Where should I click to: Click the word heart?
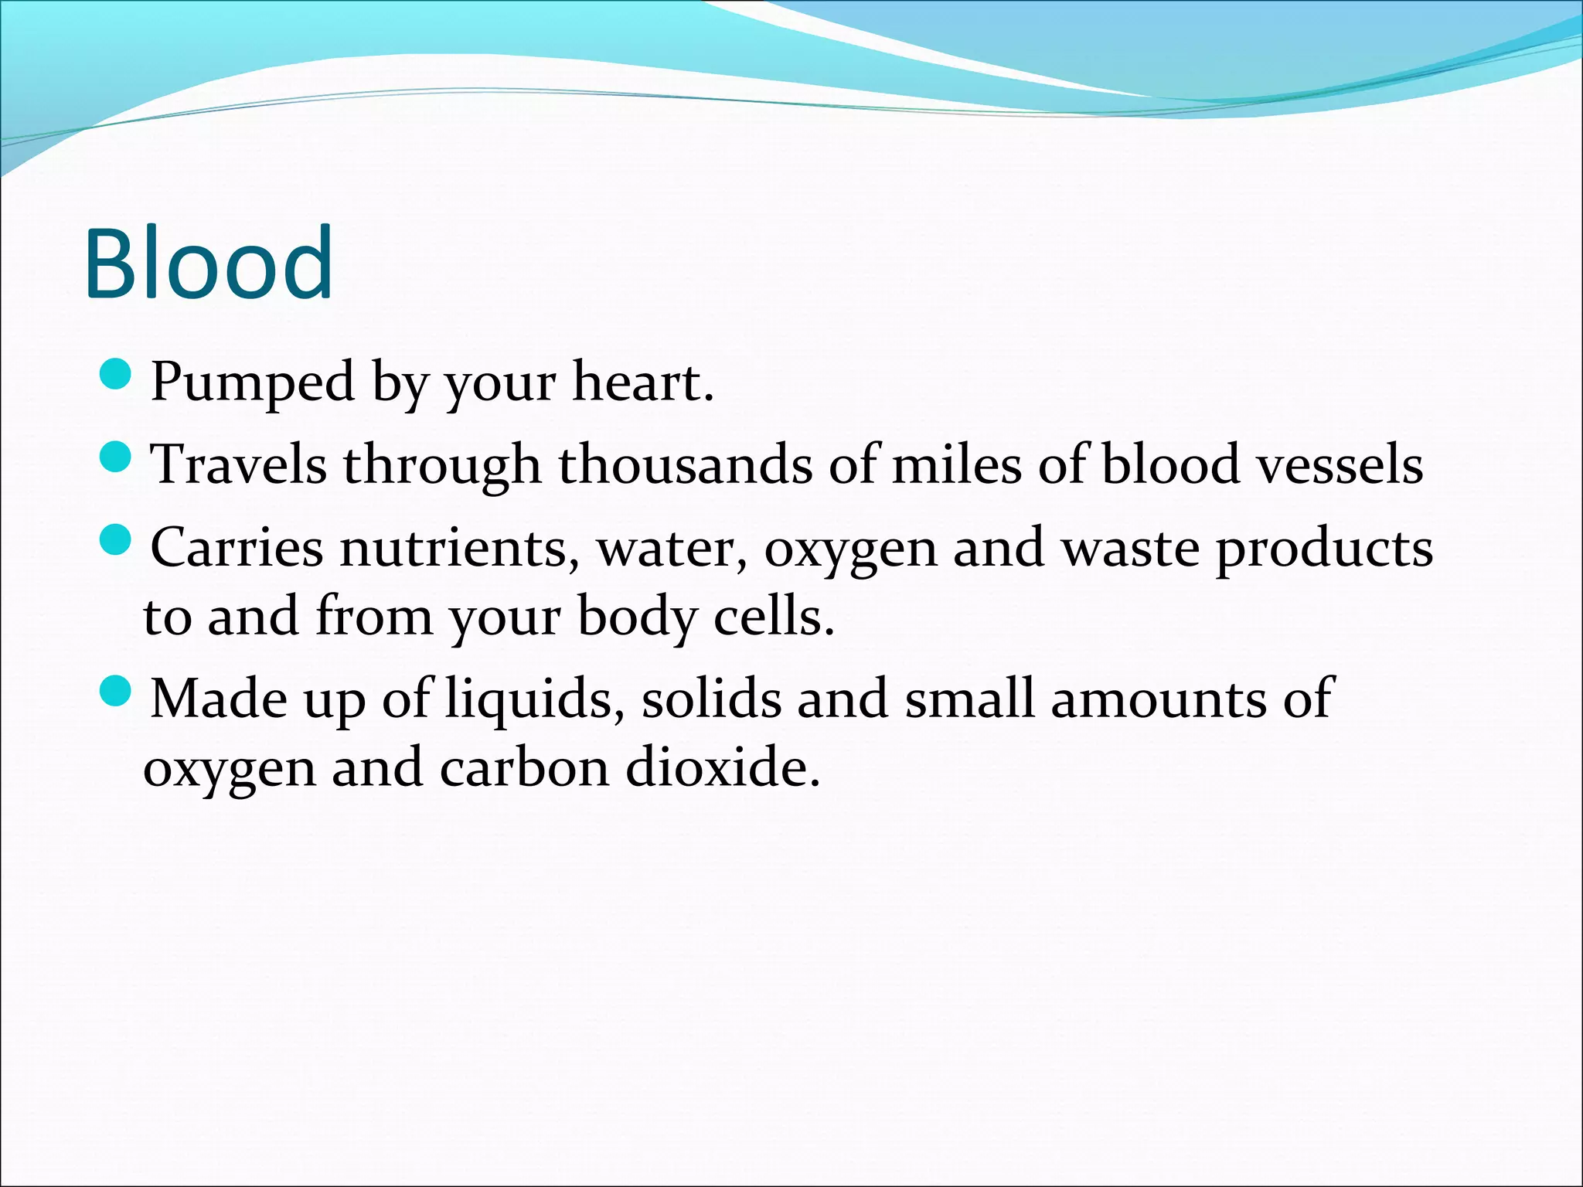[x=642, y=382]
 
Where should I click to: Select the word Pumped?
[x=252, y=383]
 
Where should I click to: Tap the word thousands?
[x=685, y=465]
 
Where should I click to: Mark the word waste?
[x=1129, y=549]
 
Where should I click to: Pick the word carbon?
[x=525, y=768]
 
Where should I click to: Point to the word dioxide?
[x=722, y=768]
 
